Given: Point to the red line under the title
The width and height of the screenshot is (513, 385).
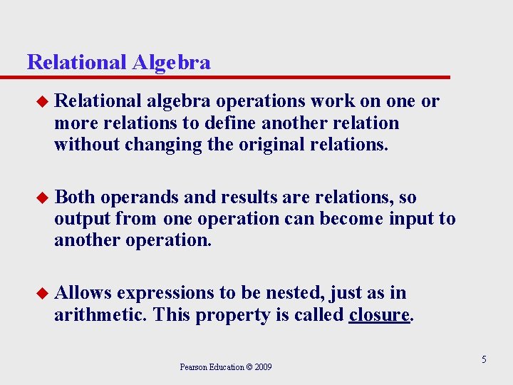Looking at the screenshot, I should pyautogui.click(x=239, y=77).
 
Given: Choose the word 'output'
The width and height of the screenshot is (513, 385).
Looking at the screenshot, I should pyautogui.click(x=82, y=218).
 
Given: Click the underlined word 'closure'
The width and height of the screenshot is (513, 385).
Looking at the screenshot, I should pyautogui.click(x=379, y=314).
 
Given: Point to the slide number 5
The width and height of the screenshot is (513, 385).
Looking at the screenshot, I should pyautogui.click(x=484, y=359).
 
